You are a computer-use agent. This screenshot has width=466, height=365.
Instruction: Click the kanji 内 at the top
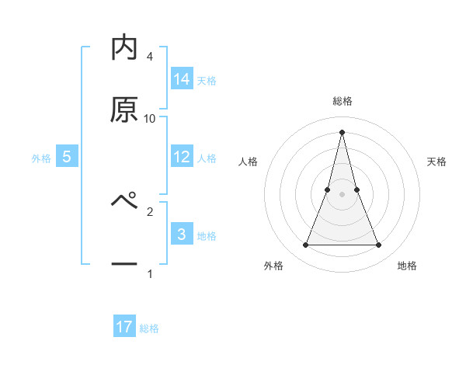124,48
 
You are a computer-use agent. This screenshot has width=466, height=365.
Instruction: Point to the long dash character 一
124,265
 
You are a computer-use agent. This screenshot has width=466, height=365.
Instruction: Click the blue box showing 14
182,79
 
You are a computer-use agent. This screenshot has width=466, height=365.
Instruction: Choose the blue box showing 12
182,157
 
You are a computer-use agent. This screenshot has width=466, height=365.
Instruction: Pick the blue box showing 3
182,235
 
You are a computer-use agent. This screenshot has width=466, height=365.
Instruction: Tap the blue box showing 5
67,157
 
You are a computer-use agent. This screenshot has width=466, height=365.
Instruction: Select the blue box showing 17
124,328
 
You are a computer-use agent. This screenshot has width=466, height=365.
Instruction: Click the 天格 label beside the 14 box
207,80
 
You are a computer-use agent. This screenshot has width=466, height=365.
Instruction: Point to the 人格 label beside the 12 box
207,158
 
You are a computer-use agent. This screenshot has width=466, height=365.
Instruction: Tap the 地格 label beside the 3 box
207,235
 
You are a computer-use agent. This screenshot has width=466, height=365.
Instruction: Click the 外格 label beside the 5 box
41,158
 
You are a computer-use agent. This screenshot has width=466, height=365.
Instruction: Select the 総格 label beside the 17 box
149,328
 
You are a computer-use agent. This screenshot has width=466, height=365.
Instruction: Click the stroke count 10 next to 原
150,118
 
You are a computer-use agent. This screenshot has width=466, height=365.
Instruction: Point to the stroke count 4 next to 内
150,56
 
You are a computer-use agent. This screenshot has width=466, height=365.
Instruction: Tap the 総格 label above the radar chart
343,101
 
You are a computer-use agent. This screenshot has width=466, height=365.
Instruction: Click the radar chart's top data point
342,131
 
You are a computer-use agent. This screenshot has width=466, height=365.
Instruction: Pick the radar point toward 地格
379,245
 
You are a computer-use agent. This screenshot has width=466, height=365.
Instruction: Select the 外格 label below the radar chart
273,266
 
